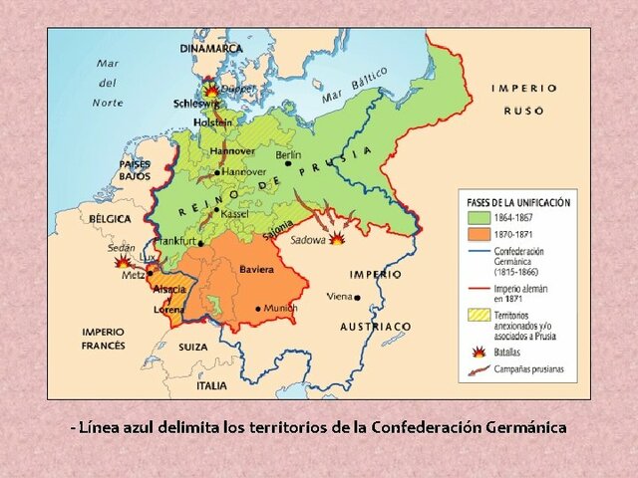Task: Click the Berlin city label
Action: click(x=288, y=155)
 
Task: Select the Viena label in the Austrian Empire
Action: click(x=341, y=297)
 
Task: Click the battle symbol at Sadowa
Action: click(x=338, y=239)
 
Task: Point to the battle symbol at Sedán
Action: click(x=122, y=263)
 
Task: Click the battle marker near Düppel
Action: click(x=210, y=89)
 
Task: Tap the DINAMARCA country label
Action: click(x=211, y=48)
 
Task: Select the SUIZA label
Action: click(x=193, y=347)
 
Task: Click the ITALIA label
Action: click(x=211, y=385)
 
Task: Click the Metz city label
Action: click(x=133, y=275)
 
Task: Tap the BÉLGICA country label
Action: click(x=110, y=217)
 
